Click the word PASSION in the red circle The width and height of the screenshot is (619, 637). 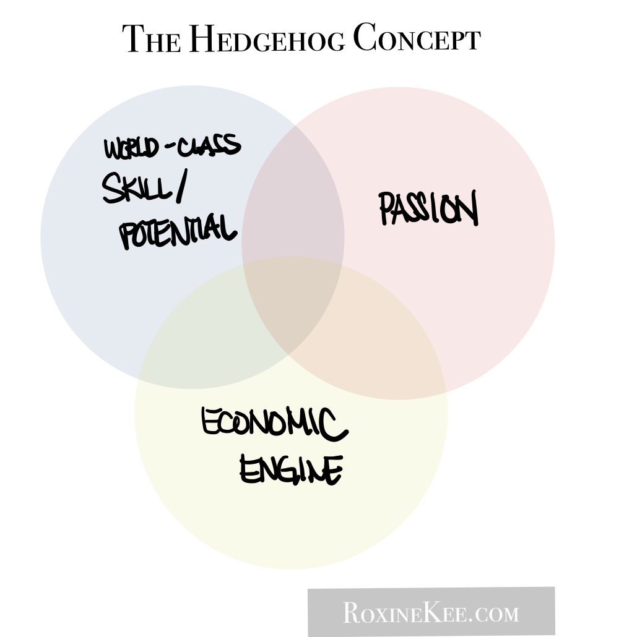[428, 208]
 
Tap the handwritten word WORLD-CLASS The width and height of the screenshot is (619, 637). [172, 147]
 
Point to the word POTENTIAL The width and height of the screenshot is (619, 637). [178, 231]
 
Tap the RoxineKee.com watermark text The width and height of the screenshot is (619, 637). [431, 613]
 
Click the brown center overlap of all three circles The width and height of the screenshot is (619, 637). [292, 306]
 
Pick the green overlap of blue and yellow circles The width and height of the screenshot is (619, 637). [198, 346]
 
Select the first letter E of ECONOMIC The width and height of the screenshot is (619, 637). [211, 422]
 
